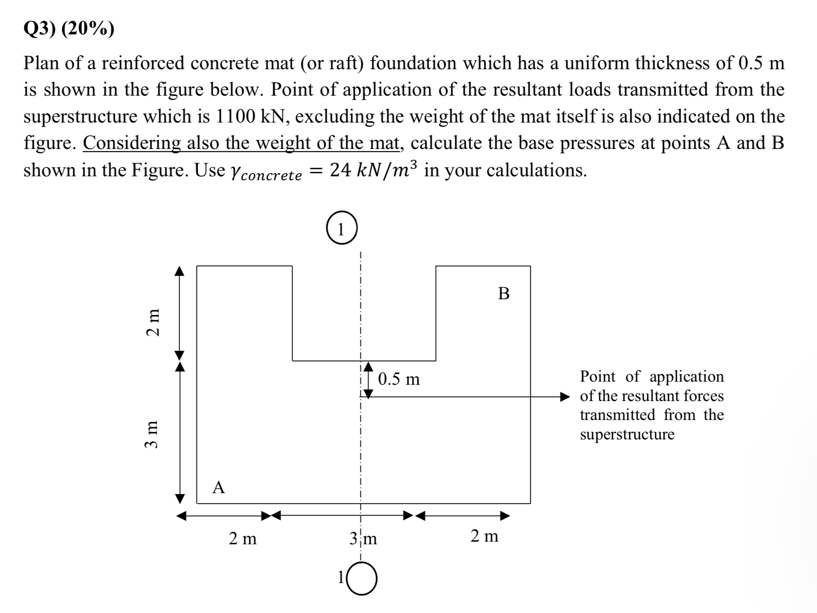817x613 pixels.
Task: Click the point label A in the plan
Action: click(x=218, y=487)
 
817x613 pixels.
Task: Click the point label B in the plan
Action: click(x=504, y=293)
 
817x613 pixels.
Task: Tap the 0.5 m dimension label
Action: click(x=399, y=379)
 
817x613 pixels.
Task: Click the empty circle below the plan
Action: click(x=362, y=580)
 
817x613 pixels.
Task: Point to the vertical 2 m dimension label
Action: click(x=153, y=322)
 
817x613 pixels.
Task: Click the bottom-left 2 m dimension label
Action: click(x=243, y=538)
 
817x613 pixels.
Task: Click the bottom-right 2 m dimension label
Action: click(x=484, y=536)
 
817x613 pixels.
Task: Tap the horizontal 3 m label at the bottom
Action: click(x=363, y=538)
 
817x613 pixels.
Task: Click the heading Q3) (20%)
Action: click(x=69, y=29)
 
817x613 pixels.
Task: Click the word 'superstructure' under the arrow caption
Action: click(x=627, y=435)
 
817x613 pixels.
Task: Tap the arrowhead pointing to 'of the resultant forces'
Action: click(x=565, y=397)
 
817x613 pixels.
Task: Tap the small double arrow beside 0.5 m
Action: click(x=368, y=380)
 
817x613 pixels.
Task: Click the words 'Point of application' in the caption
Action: click(x=652, y=376)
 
